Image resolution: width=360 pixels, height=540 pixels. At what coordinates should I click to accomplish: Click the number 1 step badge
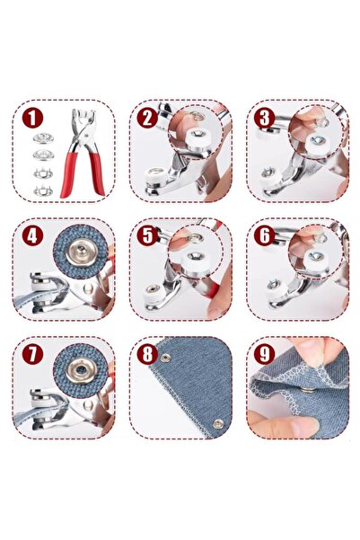coord(32,118)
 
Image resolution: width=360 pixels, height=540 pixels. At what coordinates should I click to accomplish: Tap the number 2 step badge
coord(147,118)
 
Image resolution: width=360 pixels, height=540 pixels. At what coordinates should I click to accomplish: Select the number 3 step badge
coord(264,118)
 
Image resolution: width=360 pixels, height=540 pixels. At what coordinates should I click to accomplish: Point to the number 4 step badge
coord(32,235)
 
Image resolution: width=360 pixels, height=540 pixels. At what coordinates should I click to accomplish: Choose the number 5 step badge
coord(147,235)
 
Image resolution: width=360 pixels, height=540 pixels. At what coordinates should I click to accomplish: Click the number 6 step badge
coord(264,235)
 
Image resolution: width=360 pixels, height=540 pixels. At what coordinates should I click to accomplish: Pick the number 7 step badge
coord(32,354)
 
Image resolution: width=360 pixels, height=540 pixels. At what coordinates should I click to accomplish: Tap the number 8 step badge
coord(147,354)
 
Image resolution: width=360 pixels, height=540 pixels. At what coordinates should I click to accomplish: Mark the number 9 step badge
coord(264,354)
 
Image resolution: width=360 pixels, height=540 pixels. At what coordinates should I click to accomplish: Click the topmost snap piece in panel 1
coord(43,137)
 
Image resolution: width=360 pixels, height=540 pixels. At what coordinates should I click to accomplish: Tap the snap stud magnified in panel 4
coord(81,252)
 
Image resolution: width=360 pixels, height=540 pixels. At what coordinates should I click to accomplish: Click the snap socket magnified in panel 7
coord(82,370)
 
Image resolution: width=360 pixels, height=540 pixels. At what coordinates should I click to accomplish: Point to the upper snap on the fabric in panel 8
coord(166,358)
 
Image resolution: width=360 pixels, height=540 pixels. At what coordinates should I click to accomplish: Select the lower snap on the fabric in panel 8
coord(217,423)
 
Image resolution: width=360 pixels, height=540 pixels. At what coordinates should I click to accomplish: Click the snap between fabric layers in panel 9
coord(309,390)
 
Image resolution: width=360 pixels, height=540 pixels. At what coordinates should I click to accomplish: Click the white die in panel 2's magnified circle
coord(198,137)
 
